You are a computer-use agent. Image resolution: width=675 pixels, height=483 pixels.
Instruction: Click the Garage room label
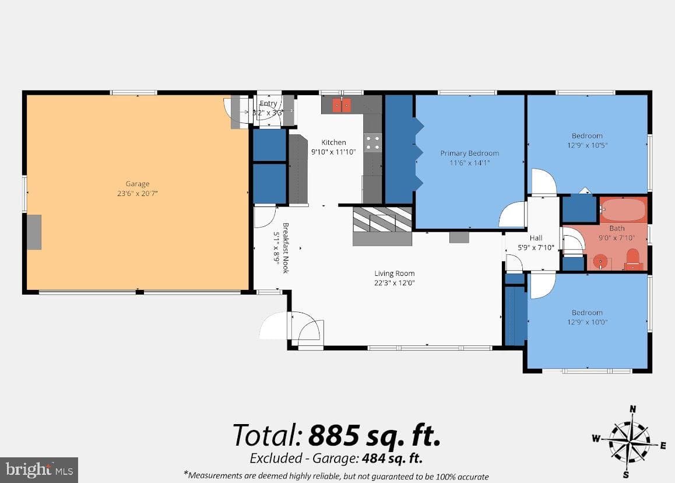coord(138,184)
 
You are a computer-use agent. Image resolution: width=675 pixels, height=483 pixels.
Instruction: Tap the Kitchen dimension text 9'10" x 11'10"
coord(333,152)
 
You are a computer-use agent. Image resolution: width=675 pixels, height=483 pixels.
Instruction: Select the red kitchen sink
coord(342,104)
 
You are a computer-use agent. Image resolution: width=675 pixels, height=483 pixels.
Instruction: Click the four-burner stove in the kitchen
coord(373,142)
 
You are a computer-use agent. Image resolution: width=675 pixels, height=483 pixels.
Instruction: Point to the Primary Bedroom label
coord(470,153)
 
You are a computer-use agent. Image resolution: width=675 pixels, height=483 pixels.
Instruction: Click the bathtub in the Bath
coord(623,210)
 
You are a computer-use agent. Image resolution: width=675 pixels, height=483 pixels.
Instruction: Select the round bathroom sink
coord(600,261)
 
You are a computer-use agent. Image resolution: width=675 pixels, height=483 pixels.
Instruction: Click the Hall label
coord(536,238)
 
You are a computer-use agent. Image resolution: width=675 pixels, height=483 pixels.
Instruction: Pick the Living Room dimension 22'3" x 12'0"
coord(394,283)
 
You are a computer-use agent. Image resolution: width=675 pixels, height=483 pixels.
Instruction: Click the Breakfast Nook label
coord(286,248)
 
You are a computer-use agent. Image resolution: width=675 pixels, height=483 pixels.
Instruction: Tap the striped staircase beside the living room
coord(382,220)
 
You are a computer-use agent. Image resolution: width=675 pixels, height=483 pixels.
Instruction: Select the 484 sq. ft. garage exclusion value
coord(392,458)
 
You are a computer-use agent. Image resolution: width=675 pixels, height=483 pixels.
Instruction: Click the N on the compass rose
coord(633,409)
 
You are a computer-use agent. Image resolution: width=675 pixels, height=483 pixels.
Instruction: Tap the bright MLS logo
coord(39,470)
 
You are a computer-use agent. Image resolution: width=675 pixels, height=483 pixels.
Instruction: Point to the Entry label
coord(268,103)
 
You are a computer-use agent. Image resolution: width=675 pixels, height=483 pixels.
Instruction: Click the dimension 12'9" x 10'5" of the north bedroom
coord(587,145)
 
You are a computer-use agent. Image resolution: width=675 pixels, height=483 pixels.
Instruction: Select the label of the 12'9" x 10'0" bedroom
coord(587,313)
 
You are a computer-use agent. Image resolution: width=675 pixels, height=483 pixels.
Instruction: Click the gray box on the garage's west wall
coord(34,232)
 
